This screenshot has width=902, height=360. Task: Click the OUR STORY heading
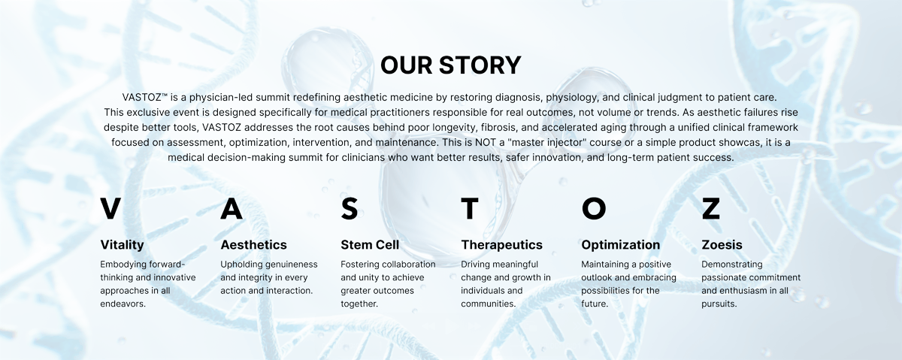coord(450,65)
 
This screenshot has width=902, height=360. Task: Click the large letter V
coord(110,209)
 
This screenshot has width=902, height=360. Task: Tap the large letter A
coord(232,209)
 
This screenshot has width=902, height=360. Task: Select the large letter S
coord(349,209)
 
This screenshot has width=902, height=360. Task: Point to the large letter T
coord(470,209)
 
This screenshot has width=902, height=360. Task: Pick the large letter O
coord(594,209)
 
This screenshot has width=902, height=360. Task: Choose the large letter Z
coord(711,209)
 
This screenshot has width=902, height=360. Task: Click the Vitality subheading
coord(122,245)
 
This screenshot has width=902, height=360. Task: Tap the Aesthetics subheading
coord(254,244)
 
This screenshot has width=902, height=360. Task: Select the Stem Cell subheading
coord(370,244)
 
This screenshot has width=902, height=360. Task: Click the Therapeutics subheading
coord(502,245)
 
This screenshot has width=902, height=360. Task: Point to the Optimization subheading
coord(621,245)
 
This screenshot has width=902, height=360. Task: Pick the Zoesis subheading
coord(722,244)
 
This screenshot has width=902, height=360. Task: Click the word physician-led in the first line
coord(221,98)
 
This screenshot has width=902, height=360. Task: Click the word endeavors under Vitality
coord(123,304)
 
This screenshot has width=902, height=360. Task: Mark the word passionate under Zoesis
coord(723,278)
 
